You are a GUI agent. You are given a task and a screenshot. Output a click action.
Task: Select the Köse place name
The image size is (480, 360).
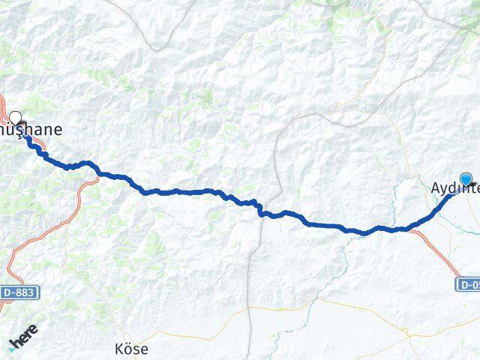coord(131,349)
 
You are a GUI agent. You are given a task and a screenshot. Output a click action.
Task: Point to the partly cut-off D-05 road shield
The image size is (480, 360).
coord(467,285)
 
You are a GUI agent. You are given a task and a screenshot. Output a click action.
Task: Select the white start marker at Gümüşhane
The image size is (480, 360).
coord(15,117)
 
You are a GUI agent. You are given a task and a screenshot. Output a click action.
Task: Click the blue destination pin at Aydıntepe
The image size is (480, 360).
coord(466,179)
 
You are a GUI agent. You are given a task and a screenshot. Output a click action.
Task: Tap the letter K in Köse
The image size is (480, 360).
coord(118,349)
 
